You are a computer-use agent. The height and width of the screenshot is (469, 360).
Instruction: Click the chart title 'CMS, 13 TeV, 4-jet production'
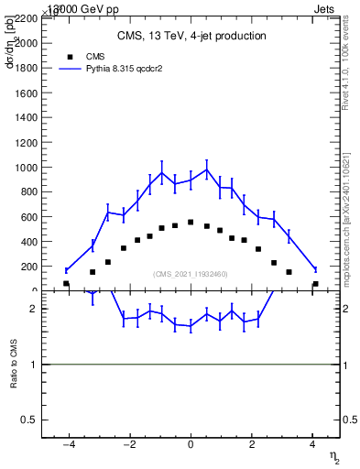pyautogui.click(x=191, y=37)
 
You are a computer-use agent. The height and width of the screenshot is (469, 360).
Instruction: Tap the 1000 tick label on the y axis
pyautogui.click(x=26, y=168)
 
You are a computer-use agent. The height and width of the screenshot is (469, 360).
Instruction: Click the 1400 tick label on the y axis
pyautogui.click(x=26, y=118)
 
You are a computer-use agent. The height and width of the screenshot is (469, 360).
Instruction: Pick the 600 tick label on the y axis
pyautogui.click(x=28, y=217)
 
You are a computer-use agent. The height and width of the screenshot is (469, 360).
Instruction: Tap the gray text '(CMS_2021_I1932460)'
pyautogui.click(x=191, y=274)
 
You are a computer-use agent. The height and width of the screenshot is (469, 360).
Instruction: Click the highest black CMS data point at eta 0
pyautogui.click(x=191, y=222)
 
